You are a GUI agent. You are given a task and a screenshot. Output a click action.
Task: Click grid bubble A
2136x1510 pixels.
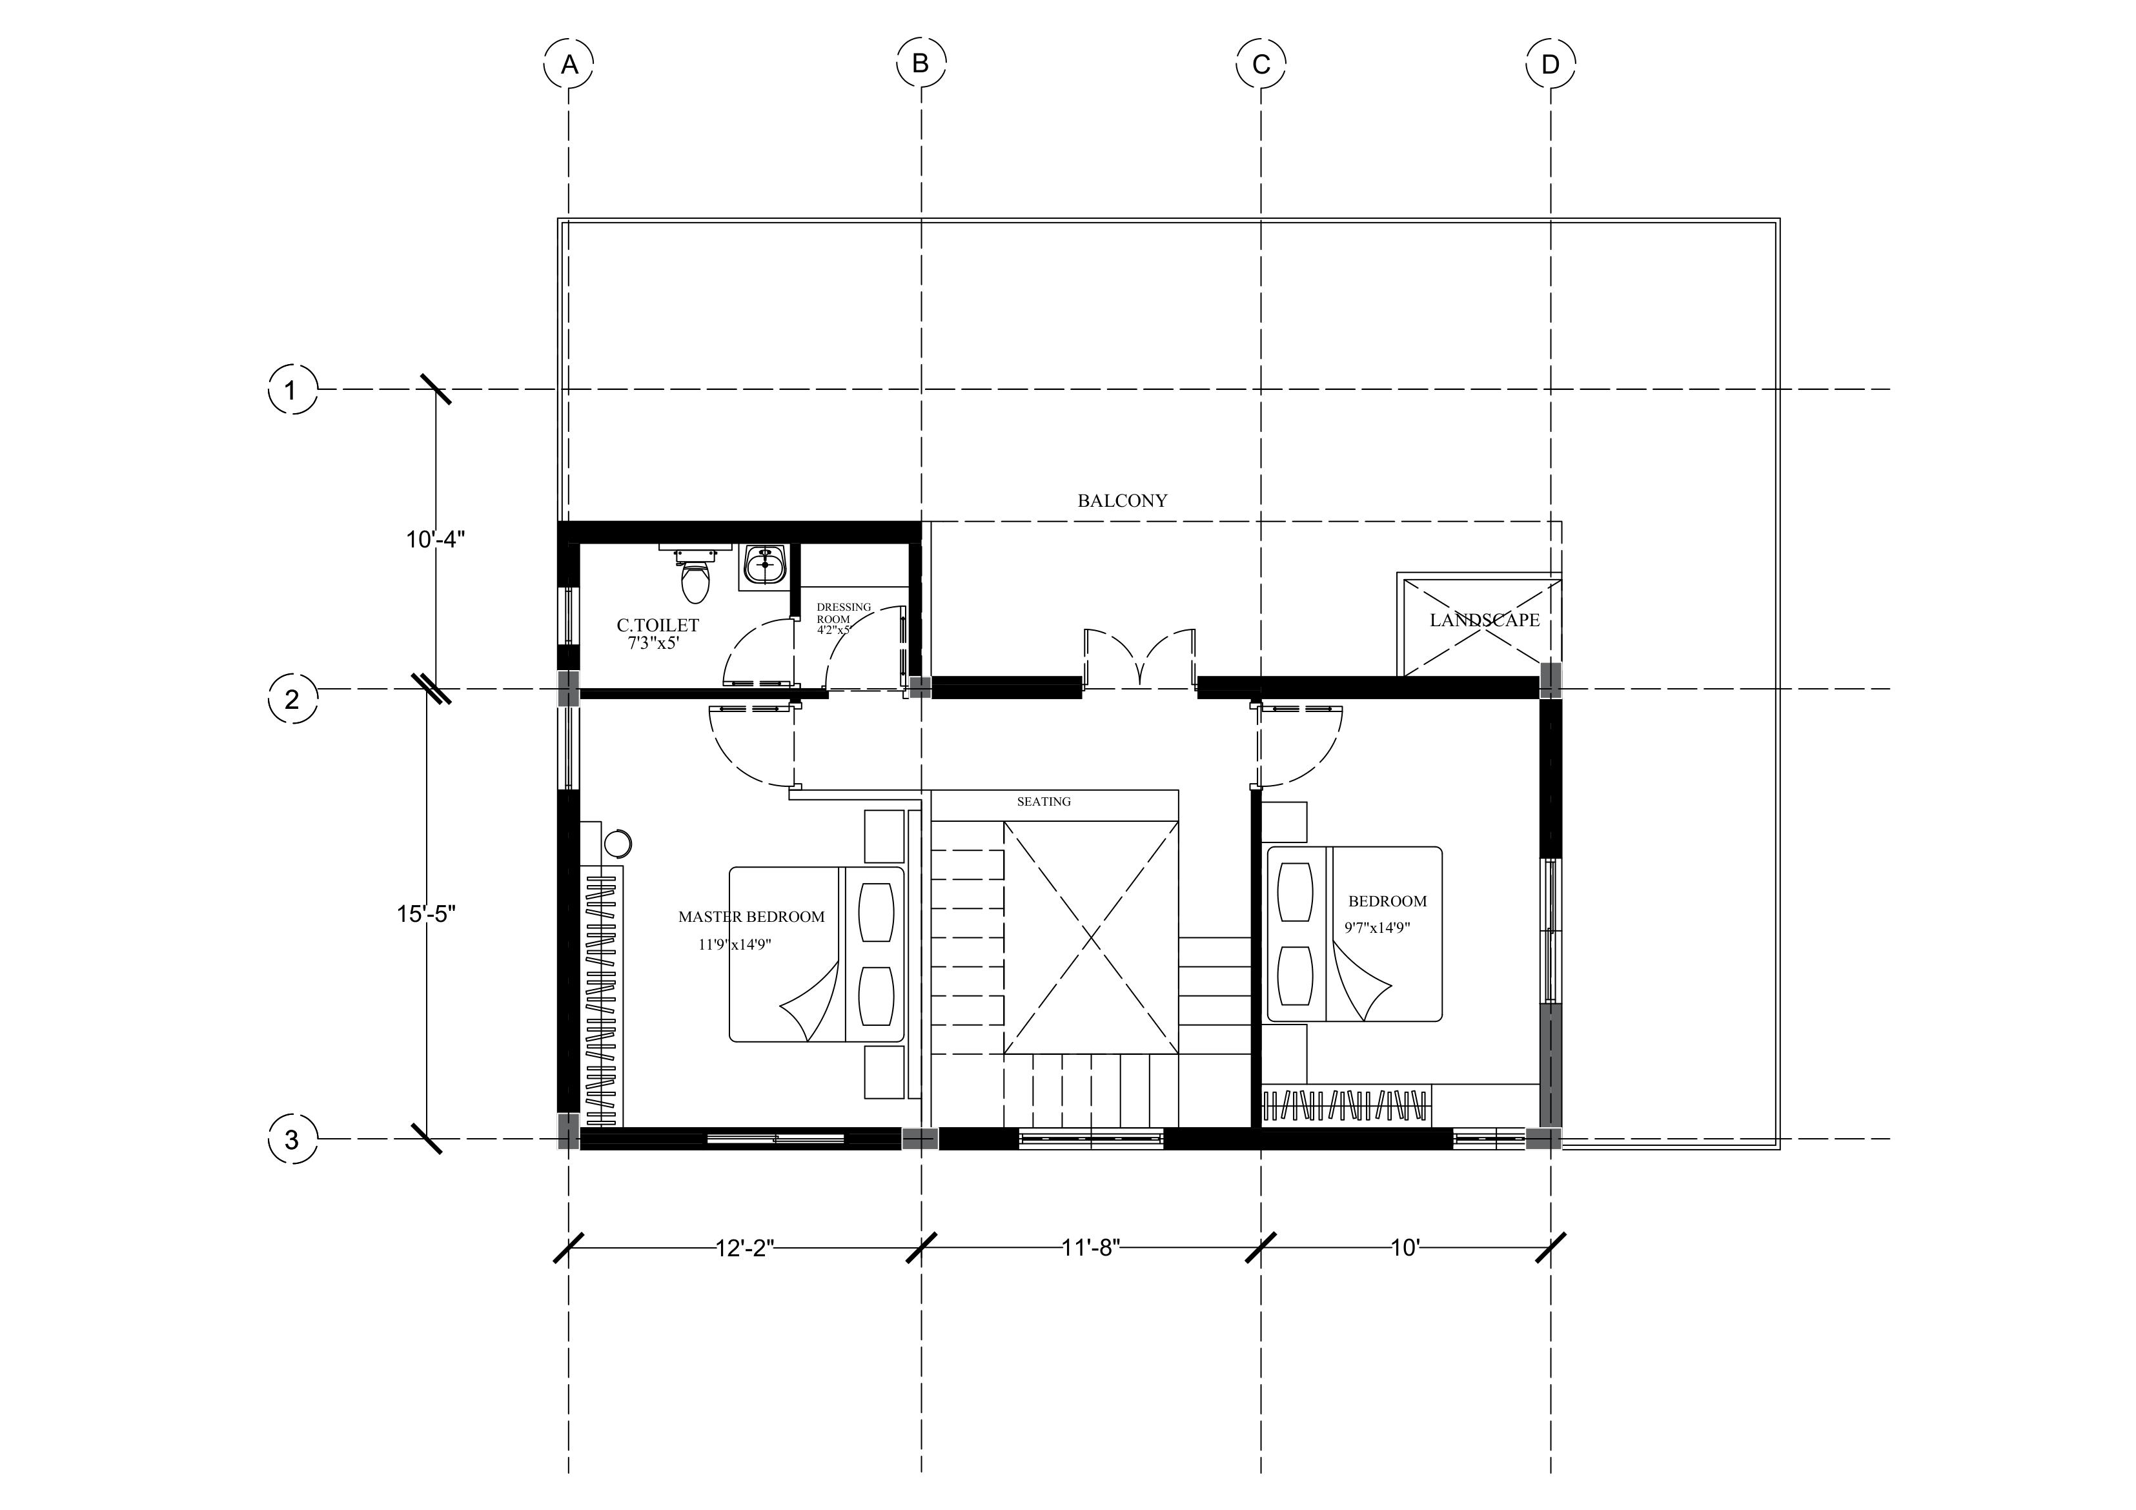[569, 64]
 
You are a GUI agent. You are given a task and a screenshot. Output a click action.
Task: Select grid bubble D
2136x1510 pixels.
[1550, 64]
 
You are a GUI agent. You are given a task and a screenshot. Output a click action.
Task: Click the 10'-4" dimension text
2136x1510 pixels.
[434, 538]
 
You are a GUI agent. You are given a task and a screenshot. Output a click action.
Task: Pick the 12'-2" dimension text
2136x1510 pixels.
[745, 1248]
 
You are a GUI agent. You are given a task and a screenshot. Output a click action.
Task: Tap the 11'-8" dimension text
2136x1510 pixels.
[1092, 1248]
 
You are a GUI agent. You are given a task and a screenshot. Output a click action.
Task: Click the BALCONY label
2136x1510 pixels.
[1122, 500]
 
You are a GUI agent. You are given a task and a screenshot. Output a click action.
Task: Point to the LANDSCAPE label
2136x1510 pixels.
[1485, 620]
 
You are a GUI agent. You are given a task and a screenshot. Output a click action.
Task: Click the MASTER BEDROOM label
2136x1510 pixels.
[751, 917]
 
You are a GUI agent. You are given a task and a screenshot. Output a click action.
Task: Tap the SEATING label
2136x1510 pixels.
[1044, 801]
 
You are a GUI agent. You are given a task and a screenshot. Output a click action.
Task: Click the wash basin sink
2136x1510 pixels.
[765, 565]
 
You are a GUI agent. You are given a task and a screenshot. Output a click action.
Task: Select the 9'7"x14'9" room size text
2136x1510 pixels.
[1378, 926]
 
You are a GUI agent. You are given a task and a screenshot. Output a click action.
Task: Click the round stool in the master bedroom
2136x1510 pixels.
[618, 843]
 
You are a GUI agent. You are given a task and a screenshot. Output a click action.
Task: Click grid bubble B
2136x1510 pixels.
[921, 64]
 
